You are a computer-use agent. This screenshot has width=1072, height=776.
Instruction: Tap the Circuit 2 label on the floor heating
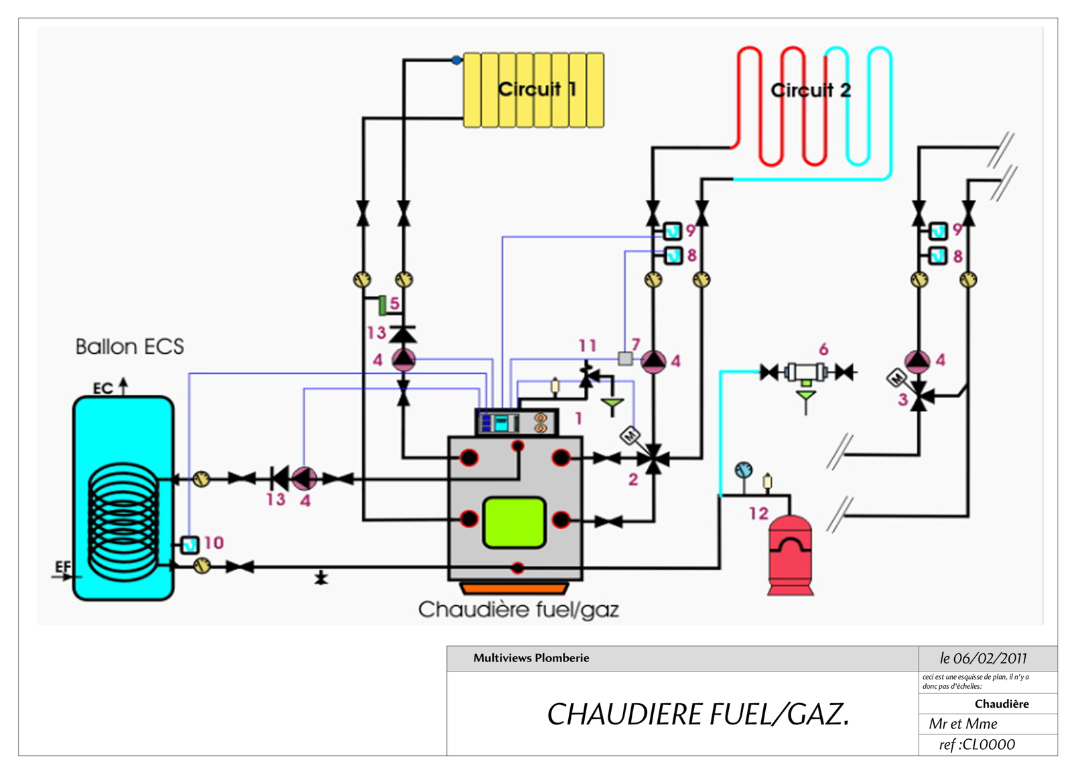(811, 90)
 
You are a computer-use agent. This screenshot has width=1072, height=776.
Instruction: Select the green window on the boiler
(514, 522)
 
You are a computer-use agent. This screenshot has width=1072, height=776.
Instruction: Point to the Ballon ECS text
(129, 346)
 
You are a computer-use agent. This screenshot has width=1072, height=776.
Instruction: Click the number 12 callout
(758, 513)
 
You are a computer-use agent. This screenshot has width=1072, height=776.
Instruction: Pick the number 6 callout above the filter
(823, 348)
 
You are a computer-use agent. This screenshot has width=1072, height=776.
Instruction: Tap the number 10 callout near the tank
(213, 542)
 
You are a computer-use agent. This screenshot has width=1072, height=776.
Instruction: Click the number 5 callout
(395, 303)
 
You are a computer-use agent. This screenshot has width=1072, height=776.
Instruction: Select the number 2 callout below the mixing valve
(632, 479)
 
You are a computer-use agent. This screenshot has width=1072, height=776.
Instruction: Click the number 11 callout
(588, 345)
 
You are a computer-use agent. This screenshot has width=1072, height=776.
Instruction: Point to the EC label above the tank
(103, 389)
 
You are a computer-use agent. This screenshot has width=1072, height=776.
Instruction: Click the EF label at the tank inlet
(62, 568)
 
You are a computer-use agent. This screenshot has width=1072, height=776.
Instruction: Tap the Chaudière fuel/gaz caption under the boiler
(518, 609)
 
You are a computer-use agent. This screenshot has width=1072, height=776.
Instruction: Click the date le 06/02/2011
(983, 658)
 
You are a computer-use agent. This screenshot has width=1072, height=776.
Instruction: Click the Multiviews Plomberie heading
(531, 658)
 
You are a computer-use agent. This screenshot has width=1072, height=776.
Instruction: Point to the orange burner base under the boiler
(514, 588)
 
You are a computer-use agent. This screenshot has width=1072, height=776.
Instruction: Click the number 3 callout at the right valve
(902, 400)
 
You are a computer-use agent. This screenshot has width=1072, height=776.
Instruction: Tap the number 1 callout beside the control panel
(578, 418)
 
